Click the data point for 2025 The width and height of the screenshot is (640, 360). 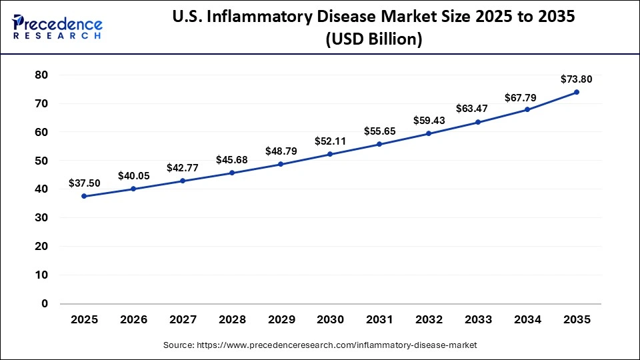84,196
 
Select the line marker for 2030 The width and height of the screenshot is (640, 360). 330,154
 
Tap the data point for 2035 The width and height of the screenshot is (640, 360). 576,92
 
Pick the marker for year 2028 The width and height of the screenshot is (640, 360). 232,173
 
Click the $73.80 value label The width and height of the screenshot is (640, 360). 576,79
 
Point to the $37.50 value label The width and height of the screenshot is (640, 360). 84,183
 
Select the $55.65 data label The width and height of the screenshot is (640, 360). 379,131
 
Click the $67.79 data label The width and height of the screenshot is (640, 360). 527,97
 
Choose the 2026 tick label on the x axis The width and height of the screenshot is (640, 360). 133,320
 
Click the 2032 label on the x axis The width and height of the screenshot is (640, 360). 429,320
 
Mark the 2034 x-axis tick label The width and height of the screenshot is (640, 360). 527,320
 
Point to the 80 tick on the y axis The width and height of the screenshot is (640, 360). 41,75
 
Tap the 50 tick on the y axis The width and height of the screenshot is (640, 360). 41,161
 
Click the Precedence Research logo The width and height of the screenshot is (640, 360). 57,27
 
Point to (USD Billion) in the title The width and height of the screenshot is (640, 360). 373,40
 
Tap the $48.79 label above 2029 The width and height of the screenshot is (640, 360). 281,151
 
